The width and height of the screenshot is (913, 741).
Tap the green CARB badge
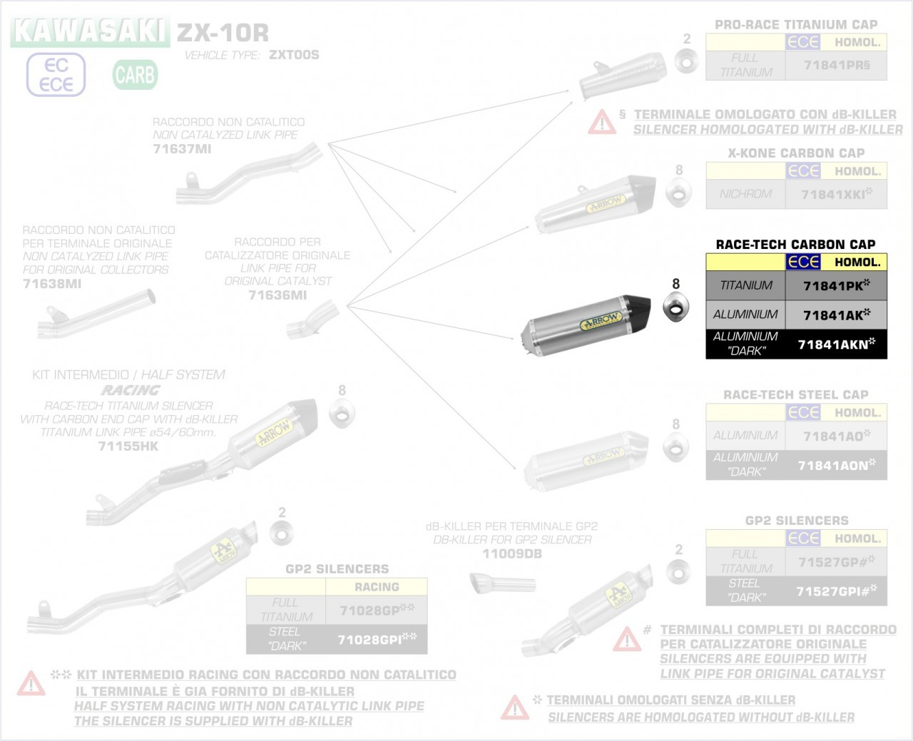tap(135, 74)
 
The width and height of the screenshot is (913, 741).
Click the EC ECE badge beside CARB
tap(56, 75)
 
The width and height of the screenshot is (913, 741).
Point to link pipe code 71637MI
tap(182, 149)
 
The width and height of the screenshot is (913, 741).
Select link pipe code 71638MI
tap(52, 283)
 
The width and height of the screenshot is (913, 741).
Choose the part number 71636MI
tap(277, 295)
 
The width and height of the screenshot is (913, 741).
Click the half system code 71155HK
tap(128, 446)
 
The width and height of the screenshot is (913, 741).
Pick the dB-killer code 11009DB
tap(512, 553)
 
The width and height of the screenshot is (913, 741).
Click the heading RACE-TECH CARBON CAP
tap(795, 245)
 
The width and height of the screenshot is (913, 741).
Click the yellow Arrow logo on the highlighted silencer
tap(602, 320)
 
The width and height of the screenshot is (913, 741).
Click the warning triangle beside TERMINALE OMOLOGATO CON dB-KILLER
tap(602, 123)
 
